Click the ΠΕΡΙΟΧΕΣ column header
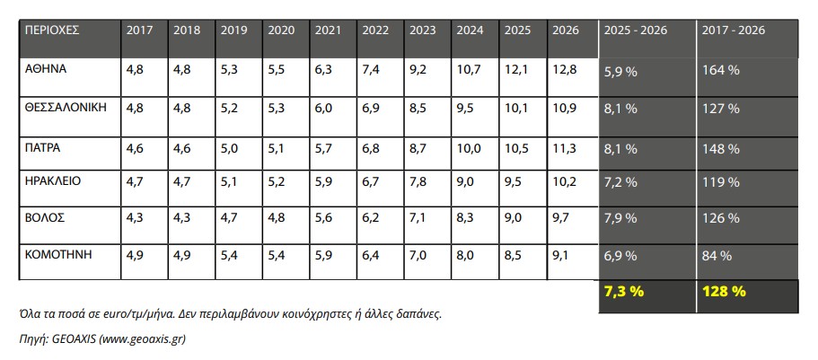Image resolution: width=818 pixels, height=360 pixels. pos(52,31)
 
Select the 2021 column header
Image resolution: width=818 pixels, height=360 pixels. pos(328,31)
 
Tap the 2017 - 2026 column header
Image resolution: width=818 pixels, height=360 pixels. pos(733,31)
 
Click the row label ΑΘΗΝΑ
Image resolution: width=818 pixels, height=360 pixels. pos(46,69)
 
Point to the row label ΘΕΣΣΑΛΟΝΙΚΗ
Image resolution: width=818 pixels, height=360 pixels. pos(66,108)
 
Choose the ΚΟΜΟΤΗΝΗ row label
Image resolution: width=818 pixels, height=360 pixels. pos(58,255)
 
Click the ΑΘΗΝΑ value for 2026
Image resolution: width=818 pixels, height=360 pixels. pos(565,70)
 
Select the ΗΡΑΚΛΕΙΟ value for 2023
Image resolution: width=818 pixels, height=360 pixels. pos(418,183)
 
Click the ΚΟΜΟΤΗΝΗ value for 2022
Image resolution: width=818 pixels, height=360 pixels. pos(371,257)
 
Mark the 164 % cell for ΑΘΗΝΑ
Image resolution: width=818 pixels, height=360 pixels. pos(720,70)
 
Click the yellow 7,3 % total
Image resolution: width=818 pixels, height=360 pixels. pos(624,292)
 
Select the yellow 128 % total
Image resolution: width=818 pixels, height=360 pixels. pos(724,292)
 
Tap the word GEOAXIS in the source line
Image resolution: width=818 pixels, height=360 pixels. pos(73,339)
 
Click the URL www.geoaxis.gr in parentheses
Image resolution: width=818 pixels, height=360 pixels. pos(142,339)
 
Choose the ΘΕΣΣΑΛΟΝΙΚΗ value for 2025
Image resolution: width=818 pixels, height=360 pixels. pos(516,109)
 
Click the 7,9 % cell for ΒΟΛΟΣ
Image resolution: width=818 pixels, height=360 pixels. pos(620,219)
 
